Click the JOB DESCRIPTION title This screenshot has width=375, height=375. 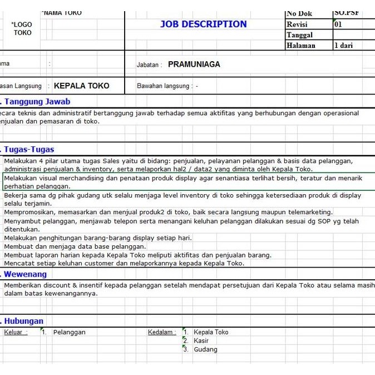pos(203,24)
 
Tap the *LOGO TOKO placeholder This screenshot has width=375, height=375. pos(22,28)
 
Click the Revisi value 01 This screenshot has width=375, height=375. pos(338,24)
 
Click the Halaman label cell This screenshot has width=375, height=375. pos(300,46)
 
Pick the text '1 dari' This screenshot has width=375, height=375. pos(343,46)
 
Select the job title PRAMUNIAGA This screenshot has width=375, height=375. pos(194,65)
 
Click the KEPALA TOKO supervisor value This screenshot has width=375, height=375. pos(81,86)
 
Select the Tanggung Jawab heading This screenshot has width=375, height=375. pos(37,102)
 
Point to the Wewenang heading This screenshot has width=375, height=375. pos(26,274)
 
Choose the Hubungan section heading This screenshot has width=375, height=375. pos(24,321)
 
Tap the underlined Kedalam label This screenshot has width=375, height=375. pos(161,332)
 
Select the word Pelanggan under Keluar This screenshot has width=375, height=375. pos(69,332)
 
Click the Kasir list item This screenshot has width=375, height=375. pos(201,341)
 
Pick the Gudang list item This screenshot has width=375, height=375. pos(205,349)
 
